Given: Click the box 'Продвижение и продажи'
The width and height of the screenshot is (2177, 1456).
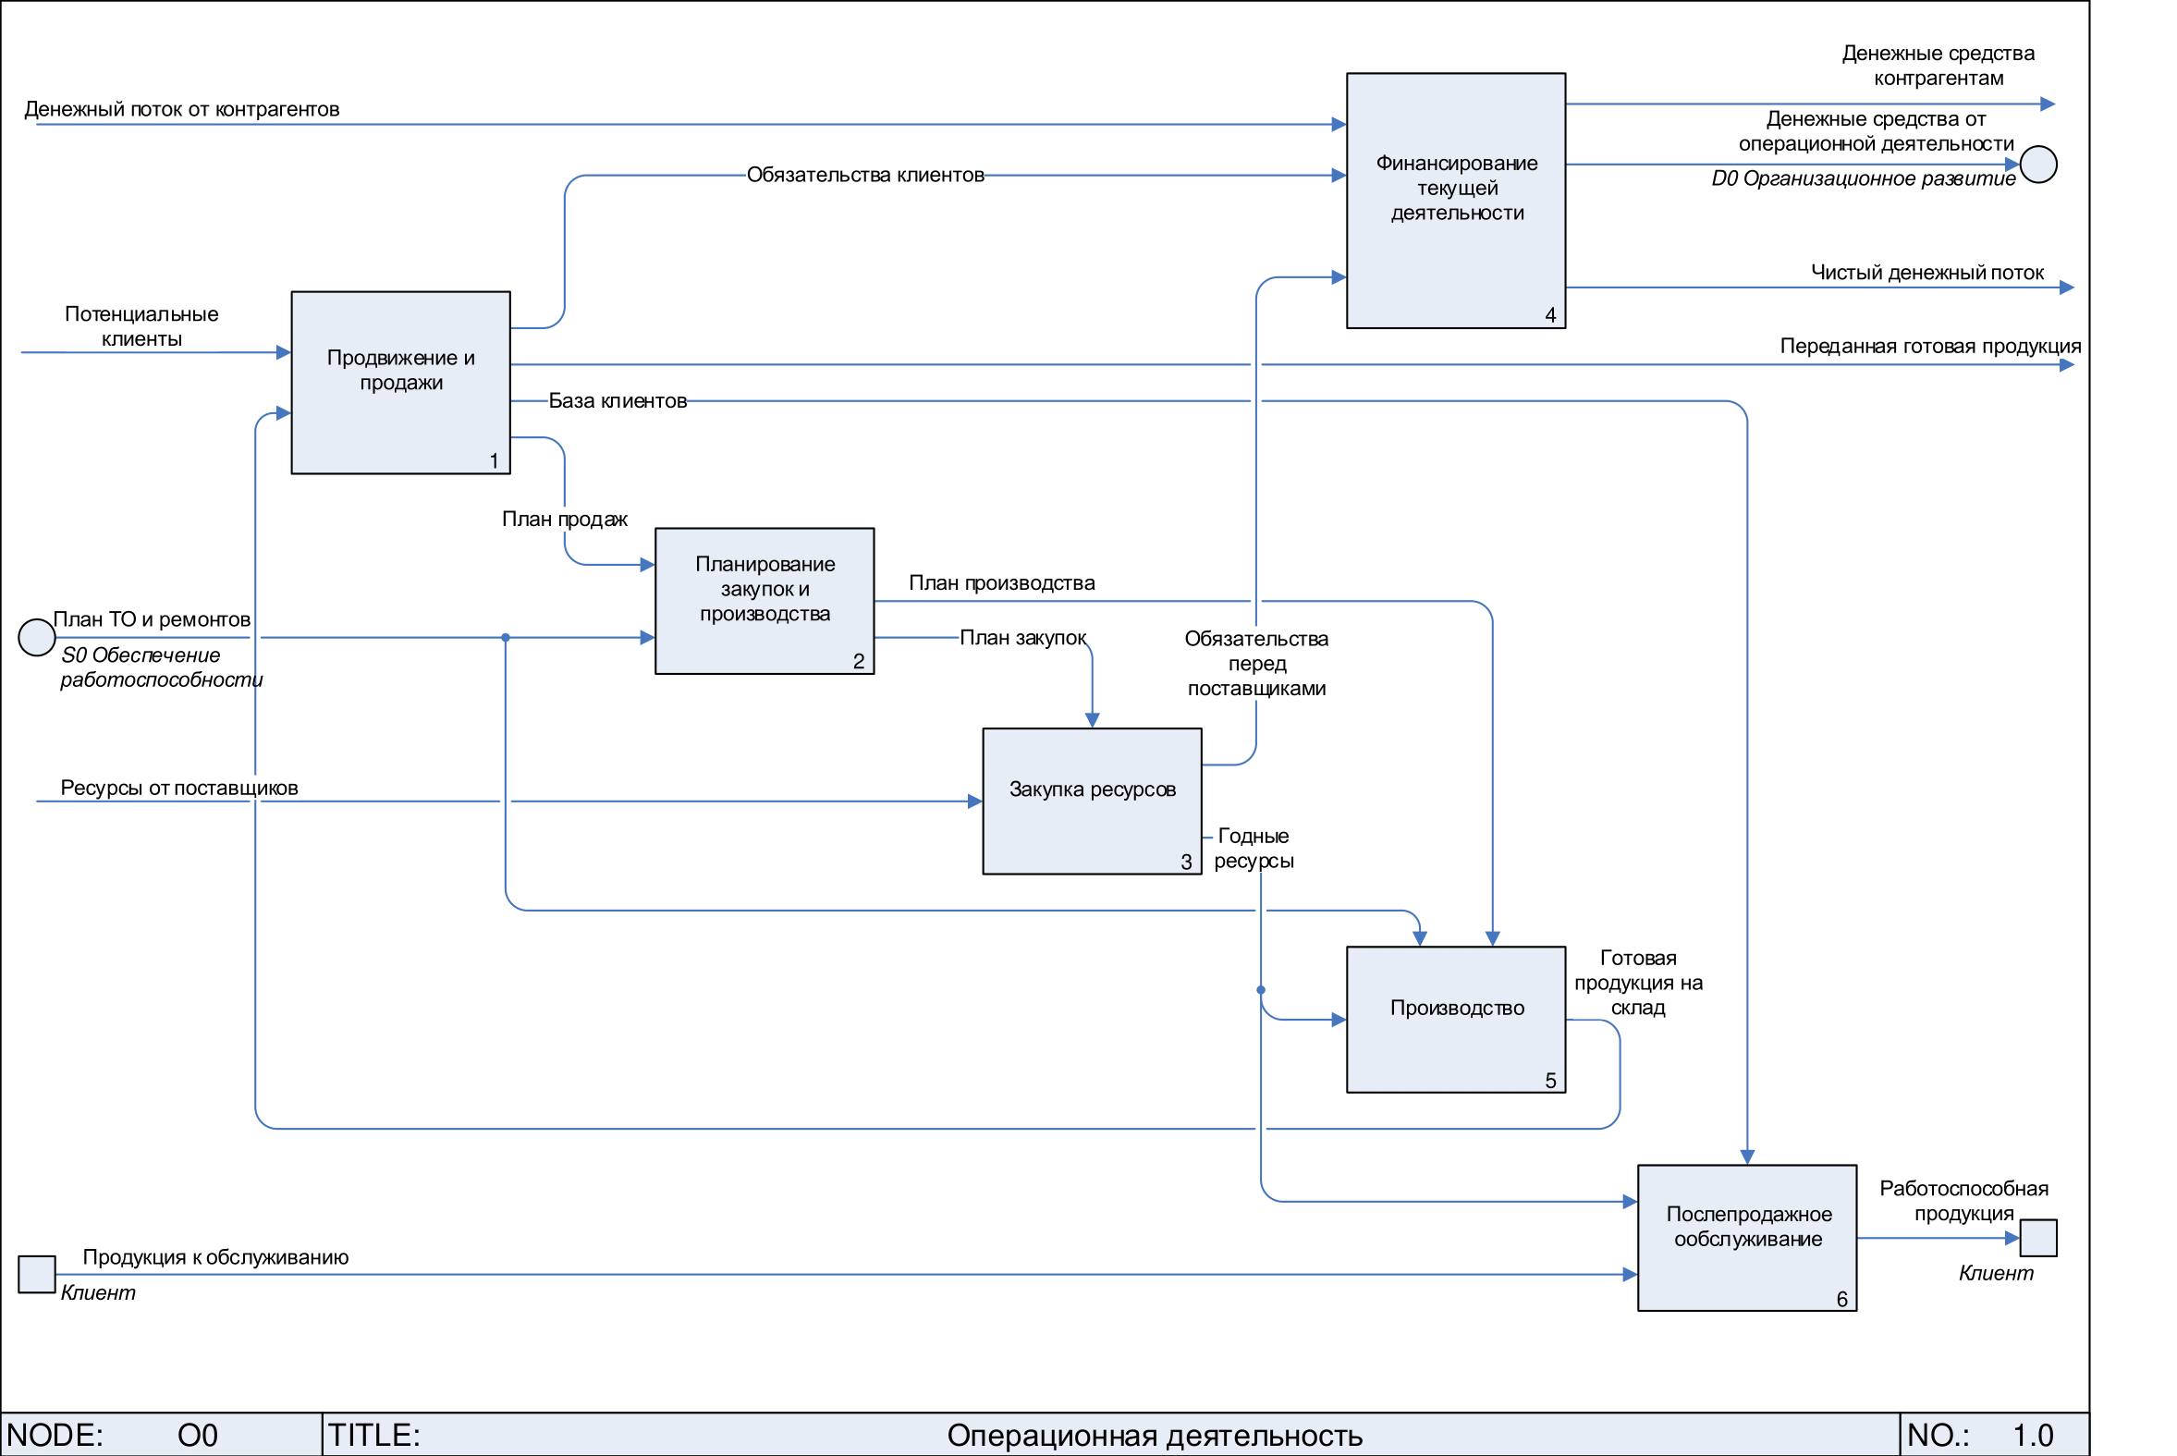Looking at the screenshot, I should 400,383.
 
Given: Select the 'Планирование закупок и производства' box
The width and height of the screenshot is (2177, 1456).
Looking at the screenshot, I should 764,601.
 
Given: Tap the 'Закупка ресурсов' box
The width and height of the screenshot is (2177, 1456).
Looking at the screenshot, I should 1092,801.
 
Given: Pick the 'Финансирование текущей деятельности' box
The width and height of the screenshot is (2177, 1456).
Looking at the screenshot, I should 1456,201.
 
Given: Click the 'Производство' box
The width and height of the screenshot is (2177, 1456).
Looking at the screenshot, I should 1456,1019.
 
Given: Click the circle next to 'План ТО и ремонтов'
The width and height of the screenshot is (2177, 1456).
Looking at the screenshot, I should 36,638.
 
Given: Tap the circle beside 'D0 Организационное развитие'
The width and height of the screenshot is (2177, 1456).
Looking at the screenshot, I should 2038,165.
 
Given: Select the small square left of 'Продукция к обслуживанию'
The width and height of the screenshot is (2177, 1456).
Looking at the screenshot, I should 36,1274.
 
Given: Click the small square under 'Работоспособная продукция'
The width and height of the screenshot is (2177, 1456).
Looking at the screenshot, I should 2038,1238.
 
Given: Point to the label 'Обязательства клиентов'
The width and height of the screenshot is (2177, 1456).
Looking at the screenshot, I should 865,175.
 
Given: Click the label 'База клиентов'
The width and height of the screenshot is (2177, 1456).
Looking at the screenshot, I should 618,401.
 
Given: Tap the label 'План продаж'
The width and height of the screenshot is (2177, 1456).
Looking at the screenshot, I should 565,519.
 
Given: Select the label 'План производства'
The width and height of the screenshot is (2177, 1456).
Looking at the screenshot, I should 1002,583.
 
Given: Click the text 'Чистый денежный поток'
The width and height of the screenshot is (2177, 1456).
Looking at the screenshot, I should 1927,273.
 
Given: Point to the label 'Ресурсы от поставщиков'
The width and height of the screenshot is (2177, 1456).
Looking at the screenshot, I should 179,789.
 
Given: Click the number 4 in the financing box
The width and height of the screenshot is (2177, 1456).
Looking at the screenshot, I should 1550,316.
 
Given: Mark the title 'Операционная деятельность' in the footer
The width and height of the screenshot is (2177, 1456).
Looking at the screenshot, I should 1155,1436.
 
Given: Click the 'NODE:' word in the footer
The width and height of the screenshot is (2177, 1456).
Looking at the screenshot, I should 55,1436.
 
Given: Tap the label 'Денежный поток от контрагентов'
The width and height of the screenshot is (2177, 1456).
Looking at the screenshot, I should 182,110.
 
